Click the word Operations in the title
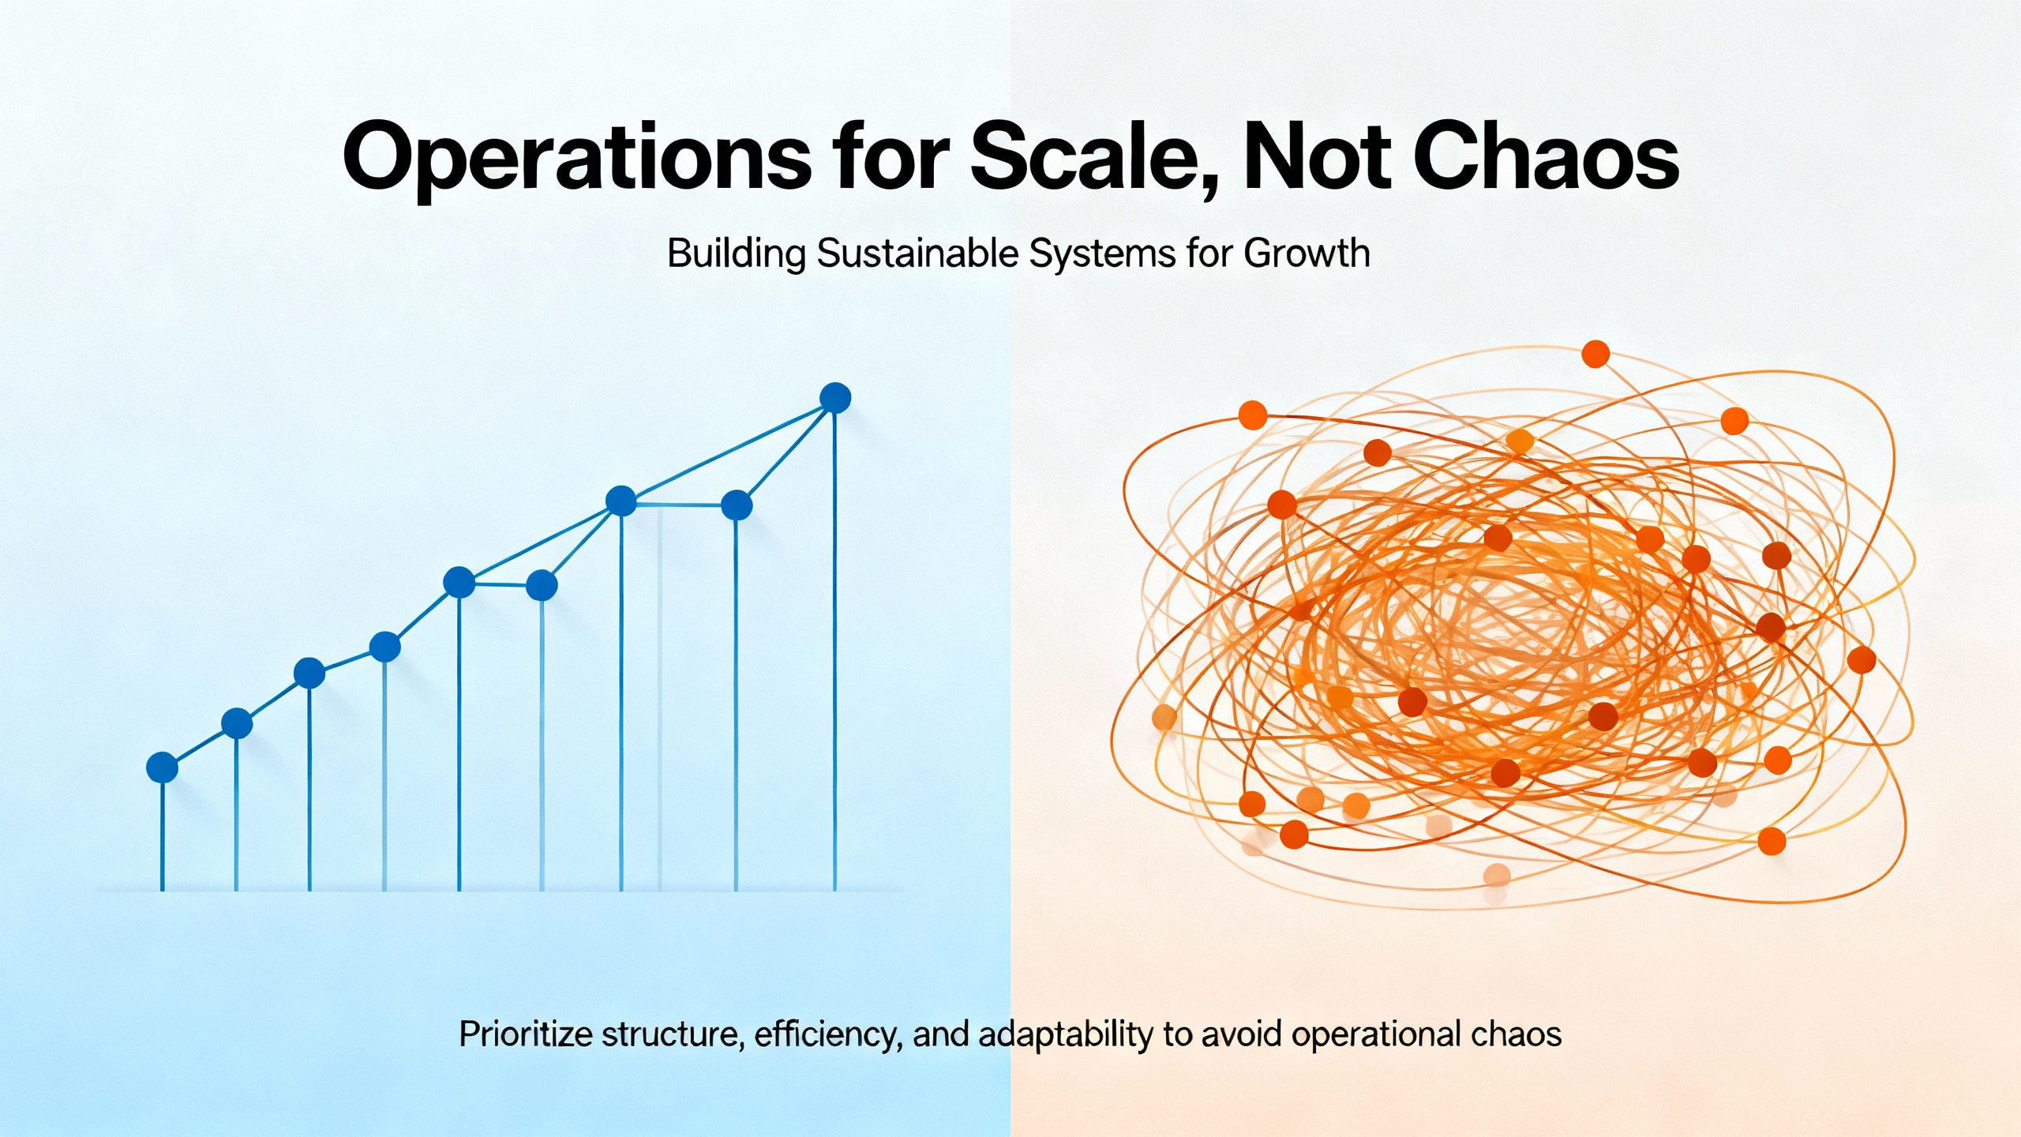coord(576,158)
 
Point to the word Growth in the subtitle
coord(1307,254)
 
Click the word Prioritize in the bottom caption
coord(524,1034)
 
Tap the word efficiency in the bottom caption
coord(828,1034)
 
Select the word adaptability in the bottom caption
coord(1065,1034)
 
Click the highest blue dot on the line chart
coord(835,398)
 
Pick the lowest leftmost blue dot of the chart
coord(162,767)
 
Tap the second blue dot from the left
coord(237,723)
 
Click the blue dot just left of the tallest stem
coord(737,505)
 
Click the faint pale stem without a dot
coord(659,711)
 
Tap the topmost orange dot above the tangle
coord(1595,354)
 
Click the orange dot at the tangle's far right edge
coord(1862,659)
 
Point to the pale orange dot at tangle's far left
coord(1164,717)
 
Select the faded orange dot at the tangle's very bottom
coord(1497,875)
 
